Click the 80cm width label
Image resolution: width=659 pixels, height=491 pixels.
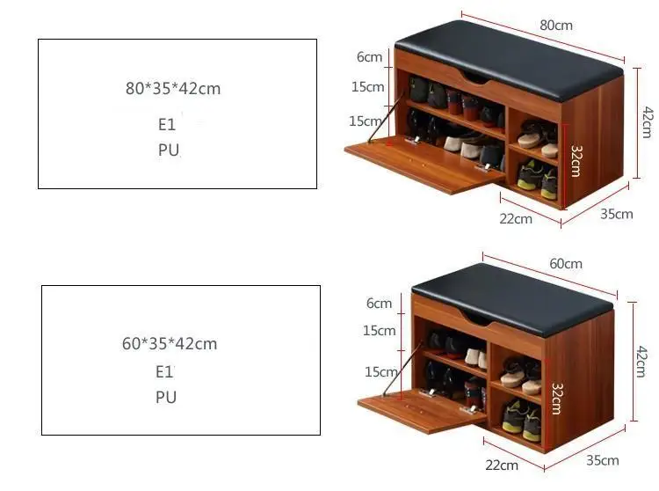pyautogui.click(x=556, y=25)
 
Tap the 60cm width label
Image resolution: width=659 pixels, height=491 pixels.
pyautogui.click(x=566, y=263)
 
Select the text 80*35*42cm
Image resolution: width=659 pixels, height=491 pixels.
pyautogui.click(x=173, y=88)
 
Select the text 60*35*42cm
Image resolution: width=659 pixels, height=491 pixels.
pyautogui.click(x=170, y=343)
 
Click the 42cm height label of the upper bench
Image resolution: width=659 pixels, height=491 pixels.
pyautogui.click(x=647, y=121)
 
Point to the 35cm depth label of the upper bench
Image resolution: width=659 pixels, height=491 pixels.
pyautogui.click(x=617, y=214)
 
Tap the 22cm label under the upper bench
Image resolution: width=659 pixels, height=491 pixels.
pyautogui.click(x=516, y=218)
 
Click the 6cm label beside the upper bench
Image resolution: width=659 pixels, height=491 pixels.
pyautogui.click(x=369, y=57)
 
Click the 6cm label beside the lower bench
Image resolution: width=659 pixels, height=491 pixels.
pyautogui.click(x=379, y=304)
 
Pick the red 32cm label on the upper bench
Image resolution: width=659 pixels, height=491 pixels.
pyautogui.click(x=575, y=161)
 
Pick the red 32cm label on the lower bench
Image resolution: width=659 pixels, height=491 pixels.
pyautogui.click(x=556, y=398)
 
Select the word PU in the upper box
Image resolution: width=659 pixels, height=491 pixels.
pyautogui.click(x=168, y=150)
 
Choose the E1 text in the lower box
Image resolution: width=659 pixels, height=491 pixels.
pyautogui.click(x=165, y=371)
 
